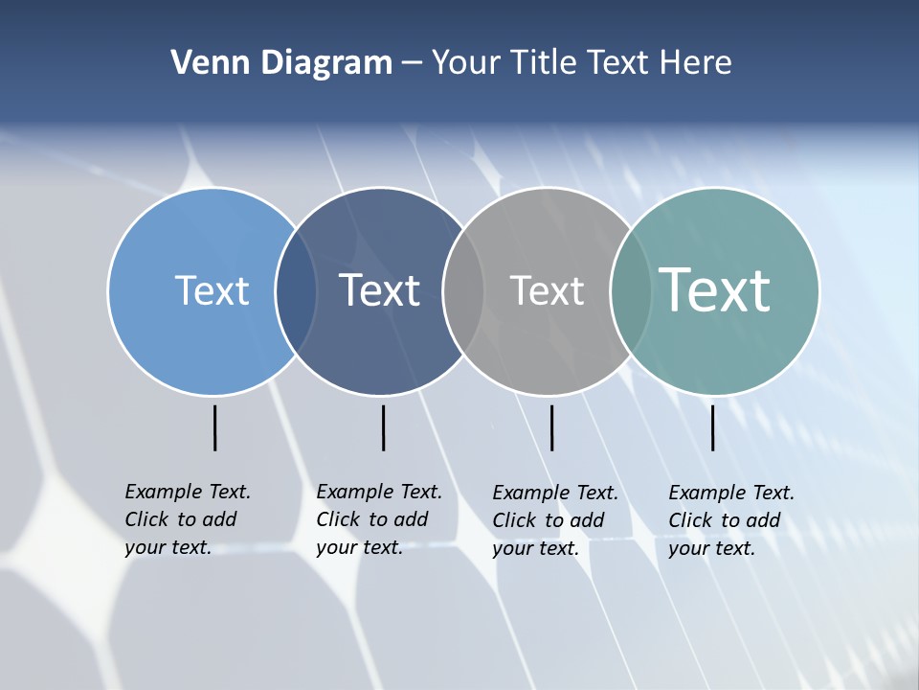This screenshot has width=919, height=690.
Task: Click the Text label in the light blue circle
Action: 212,290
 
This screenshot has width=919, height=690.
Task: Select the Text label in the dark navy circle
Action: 379,290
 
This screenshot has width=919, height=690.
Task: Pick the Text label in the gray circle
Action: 547,291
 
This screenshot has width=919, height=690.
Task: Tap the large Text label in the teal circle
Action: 714,289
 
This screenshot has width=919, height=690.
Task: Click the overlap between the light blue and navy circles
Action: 296,291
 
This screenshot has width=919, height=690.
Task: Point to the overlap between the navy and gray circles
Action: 463,291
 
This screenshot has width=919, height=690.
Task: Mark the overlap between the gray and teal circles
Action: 630,291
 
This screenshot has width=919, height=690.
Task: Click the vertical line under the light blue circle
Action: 214,427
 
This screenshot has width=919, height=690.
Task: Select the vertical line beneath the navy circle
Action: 383,427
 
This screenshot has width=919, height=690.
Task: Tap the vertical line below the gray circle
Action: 551,427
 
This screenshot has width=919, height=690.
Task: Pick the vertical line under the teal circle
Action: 712,427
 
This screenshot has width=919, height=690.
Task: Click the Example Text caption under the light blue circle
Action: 187,519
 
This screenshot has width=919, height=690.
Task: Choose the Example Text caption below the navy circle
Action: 378,519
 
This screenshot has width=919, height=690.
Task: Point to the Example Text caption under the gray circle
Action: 554,520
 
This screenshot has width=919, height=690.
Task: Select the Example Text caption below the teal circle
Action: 730,520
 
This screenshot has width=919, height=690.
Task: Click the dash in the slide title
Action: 412,64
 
